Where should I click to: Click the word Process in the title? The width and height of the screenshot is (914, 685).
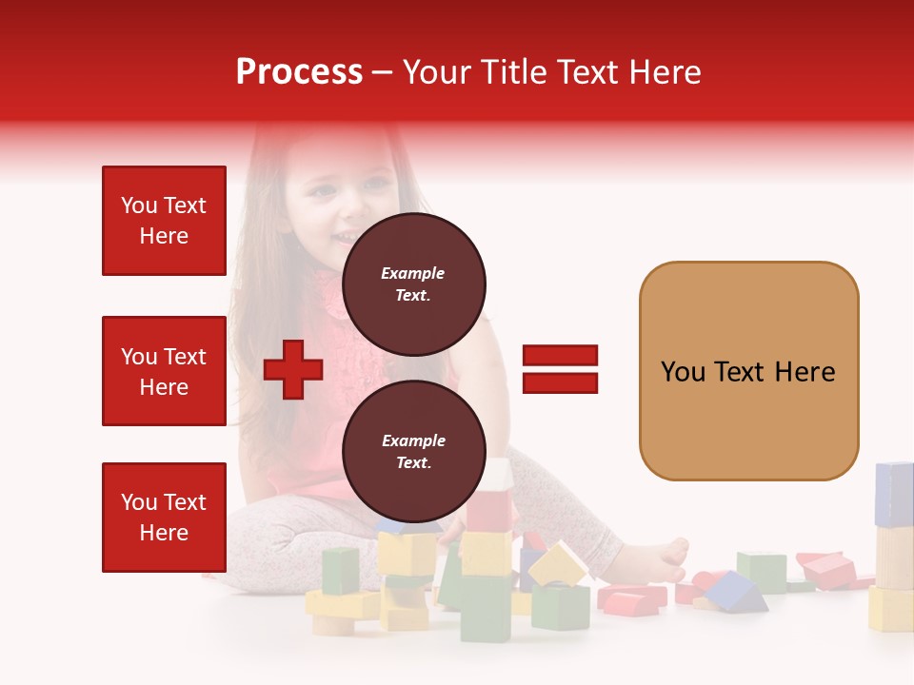coord(299,72)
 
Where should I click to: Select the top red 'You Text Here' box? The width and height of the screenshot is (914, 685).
coord(164,221)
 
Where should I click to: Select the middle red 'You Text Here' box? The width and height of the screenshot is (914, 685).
coord(164,371)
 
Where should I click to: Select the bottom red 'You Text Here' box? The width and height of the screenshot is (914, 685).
coord(164,517)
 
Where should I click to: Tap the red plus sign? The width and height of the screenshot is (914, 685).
coord(293,369)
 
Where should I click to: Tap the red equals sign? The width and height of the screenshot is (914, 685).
coord(560,369)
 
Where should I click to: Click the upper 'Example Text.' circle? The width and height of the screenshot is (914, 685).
coord(413,284)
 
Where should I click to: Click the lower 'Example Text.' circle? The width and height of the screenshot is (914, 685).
coord(413,452)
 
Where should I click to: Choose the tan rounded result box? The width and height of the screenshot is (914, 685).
coord(748,371)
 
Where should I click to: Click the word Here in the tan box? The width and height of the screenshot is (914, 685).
coord(805,372)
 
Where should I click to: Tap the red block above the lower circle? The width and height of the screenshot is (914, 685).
coord(490,509)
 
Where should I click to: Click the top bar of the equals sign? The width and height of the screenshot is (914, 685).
coord(560,356)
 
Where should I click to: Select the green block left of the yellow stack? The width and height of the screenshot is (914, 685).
coord(340,571)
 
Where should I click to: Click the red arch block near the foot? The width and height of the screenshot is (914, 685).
coord(630,599)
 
